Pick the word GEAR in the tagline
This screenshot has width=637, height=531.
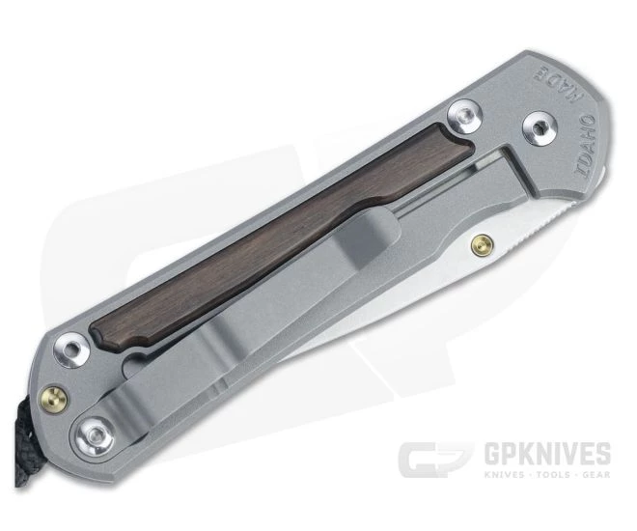pyautogui.click(x=591, y=475)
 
